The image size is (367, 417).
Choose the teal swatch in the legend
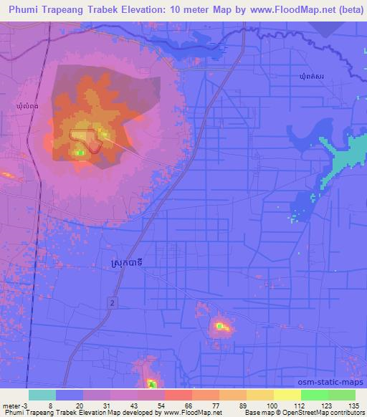coord(42,395)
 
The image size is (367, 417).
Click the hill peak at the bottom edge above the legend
coord(151,384)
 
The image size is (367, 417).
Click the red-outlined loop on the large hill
coord(83,135)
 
